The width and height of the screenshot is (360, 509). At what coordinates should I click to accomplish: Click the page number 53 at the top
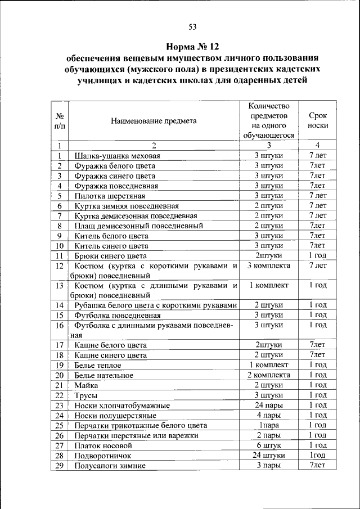pyautogui.click(x=192, y=26)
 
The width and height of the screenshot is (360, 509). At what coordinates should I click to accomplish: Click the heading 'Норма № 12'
pyautogui.click(x=192, y=46)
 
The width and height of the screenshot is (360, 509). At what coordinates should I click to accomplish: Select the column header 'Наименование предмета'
pyautogui.click(x=154, y=120)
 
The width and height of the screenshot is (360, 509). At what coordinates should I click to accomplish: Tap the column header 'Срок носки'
pyautogui.click(x=318, y=120)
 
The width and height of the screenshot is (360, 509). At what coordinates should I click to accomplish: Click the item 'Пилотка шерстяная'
pyautogui.click(x=110, y=196)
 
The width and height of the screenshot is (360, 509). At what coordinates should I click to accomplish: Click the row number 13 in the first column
pyautogui.click(x=59, y=286)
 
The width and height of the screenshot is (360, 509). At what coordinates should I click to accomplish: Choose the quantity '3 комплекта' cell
pyautogui.click(x=268, y=265)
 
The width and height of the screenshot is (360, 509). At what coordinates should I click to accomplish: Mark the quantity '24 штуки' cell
pyautogui.click(x=268, y=455)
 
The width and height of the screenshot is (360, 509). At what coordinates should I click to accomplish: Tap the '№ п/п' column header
pyautogui.click(x=59, y=120)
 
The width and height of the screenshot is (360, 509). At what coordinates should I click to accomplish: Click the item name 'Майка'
pyautogui.click(x=86, y=385)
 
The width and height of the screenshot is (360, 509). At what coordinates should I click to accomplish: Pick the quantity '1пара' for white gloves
pyautogui.click(x=268, y=425)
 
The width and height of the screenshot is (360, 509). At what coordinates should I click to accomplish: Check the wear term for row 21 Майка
pyautogui.click(x=318, y=385)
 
